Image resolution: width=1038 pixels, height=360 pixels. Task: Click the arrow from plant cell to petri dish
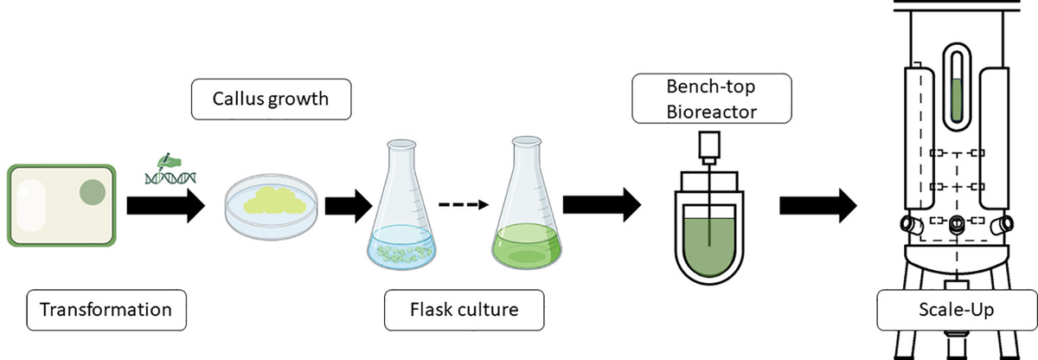pos(165,206)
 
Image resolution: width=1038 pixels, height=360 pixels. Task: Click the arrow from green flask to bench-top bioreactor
pos(601,206)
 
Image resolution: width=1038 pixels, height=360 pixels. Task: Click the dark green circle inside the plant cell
pos(92,191)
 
